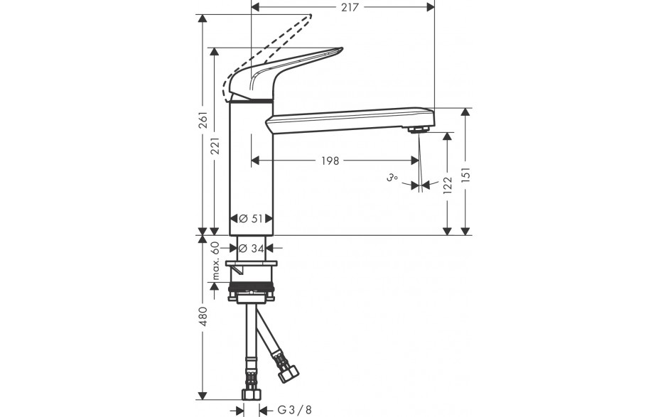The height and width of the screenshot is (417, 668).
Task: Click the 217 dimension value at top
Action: tap(350, 7)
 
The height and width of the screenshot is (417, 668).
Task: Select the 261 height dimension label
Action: tap(203, 120)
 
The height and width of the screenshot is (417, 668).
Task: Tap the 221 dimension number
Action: tap(215, 146)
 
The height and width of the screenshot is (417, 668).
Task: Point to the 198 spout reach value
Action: tap(330, 161)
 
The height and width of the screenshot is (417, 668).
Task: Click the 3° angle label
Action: tap(392, 178)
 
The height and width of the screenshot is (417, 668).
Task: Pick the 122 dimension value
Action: tap(447, 185)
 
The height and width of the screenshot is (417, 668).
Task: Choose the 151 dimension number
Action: tap(465, 175)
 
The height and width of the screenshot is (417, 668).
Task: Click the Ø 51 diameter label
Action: tap(251, 219)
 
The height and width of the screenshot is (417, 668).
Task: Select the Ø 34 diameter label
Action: tap(252, 248)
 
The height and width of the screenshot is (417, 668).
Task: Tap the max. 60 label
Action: tap(215, 261)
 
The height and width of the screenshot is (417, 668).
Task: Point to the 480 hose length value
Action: tap(203, 316)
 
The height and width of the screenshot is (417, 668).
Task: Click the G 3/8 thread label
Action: tap(294, 410)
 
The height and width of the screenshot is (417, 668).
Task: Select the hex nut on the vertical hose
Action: tap(251, 394)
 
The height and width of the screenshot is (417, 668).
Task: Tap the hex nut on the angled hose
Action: tap(289, 374)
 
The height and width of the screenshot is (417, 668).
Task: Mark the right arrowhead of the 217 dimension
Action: tap(431, 7)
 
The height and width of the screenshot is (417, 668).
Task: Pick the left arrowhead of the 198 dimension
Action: tap(255, 161)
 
